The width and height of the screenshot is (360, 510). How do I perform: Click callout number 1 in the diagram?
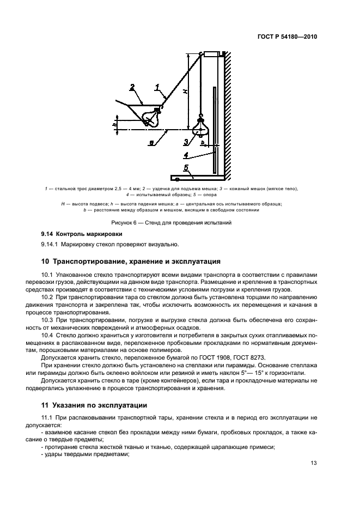[157, 86]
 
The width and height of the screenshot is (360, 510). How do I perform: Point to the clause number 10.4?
[48, 335]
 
